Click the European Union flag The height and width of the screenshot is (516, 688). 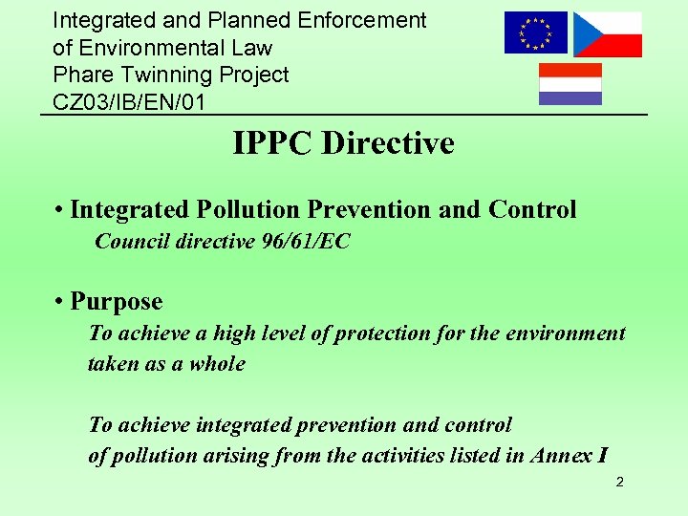point(535,32)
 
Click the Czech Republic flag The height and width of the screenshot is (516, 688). point(608,34)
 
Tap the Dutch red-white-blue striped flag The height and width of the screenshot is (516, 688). point(570,84)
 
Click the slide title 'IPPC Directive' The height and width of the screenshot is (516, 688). point(343,143)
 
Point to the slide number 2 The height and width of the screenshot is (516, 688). point(619,482)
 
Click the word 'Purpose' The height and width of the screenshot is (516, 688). point(117,302)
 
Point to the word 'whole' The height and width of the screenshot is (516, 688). point(217,364)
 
